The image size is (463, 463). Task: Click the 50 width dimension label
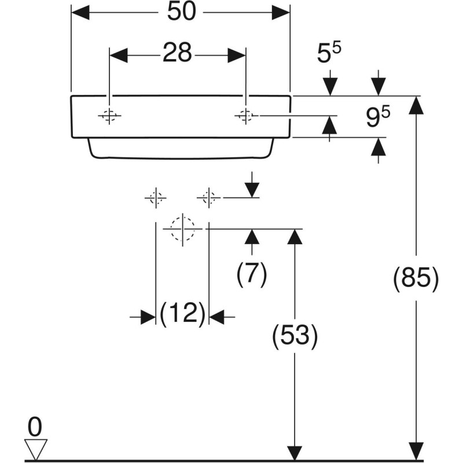[180, 13]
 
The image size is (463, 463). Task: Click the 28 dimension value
[177, 54]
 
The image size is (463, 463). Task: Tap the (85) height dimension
[416, 280]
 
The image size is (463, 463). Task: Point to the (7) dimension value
[252, 274]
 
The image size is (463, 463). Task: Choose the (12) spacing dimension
[182, 315]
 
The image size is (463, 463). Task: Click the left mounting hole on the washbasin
[109, 116]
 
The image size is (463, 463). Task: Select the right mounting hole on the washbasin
[245, 116]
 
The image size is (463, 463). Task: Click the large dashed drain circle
[182, 229]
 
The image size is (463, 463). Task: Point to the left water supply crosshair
[155, 198]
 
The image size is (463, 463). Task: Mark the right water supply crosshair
[209, 198]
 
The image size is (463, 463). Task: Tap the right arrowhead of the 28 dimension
[237, 55]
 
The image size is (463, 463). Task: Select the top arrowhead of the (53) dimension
[295, 237]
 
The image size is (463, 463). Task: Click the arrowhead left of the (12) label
[148, 317]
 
